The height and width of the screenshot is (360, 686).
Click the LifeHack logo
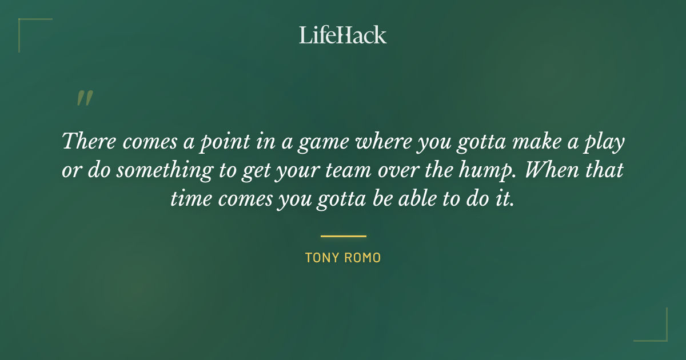(x=343, y=35)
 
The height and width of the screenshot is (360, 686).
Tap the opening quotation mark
(x=84, y=99)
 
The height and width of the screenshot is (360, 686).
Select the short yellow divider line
(x=343, y=235)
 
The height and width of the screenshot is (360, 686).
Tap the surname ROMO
(x=364, y=258)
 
